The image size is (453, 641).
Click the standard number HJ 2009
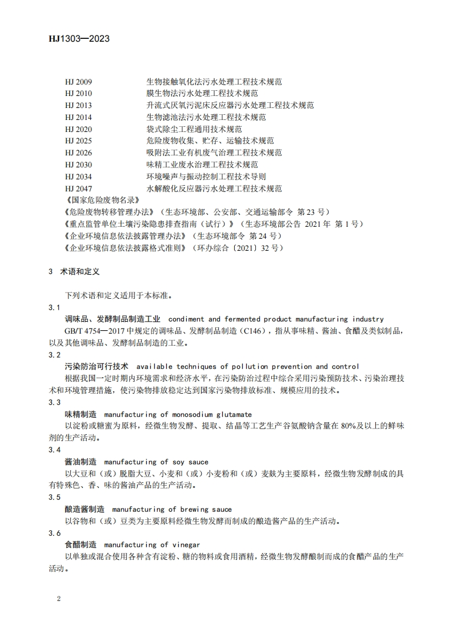click(78, 82)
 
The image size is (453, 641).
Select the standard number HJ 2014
click(78, 117)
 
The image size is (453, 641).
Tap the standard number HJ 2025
click(78, 141)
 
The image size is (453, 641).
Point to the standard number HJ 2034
click(78, 177)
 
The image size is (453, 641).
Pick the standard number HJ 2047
click(78, 189)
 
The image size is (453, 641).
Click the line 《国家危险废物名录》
click(95, 200)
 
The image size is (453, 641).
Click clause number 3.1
click(55, 308)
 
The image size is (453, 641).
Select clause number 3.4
click(55, 450)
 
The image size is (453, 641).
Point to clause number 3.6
click(55, 533)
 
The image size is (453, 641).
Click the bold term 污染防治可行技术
click(97, 366)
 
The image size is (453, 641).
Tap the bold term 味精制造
click(81, 414)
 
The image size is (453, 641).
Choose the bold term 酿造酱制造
click(85, 509)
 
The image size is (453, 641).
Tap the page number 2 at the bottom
click(59, 599)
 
